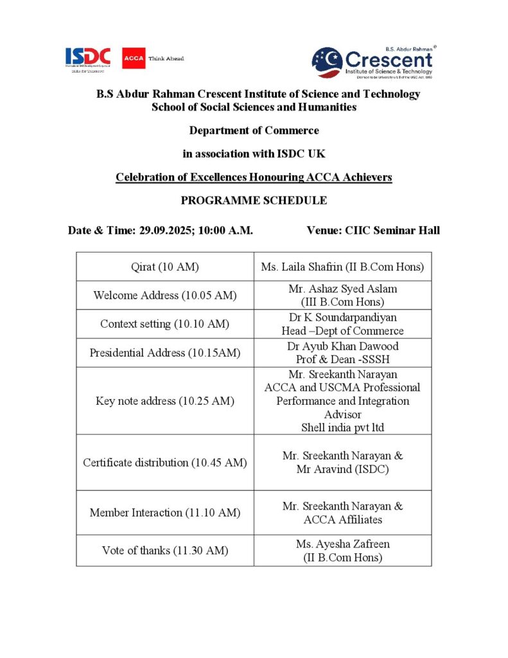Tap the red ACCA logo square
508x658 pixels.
point(134,58)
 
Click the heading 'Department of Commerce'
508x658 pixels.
point(254,130)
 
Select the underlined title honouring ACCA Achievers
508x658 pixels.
point(254,177)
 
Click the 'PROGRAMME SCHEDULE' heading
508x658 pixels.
point(254,200)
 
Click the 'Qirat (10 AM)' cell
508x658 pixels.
point(165,267)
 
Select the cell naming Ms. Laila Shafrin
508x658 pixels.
point(342,267)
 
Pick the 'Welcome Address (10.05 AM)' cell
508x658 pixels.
point(165,296)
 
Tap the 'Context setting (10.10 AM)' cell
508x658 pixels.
point(165,325)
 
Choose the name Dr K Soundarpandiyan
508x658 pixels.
point(342,318)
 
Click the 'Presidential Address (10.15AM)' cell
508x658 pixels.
point(165,353)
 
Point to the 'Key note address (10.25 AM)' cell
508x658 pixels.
point(165,401)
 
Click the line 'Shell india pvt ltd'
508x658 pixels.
point(342,428)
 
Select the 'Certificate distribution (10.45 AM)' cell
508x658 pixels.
point(165,463)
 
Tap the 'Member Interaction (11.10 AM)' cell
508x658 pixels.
point(165,513)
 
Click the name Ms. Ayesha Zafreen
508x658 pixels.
point(342,544)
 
